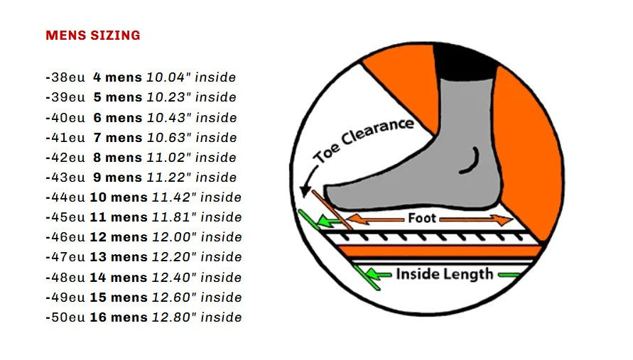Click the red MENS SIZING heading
tap(93, 36)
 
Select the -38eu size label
tap(65, 77)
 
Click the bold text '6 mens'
tap(118, 117)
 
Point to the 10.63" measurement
tap(169, 137)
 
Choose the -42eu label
tap(65, 157)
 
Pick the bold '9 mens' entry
tap(118, 178)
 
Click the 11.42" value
tap(174, 197)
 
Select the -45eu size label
tap(65, 217)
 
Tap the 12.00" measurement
tap(174, 237)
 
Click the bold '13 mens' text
tap(119, 256)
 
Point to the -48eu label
tap(65, 277)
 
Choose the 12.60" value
tap(174, 297)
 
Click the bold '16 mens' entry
tap(119, 317)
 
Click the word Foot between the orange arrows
tap(422, 218)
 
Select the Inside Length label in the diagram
tap(445, 274)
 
